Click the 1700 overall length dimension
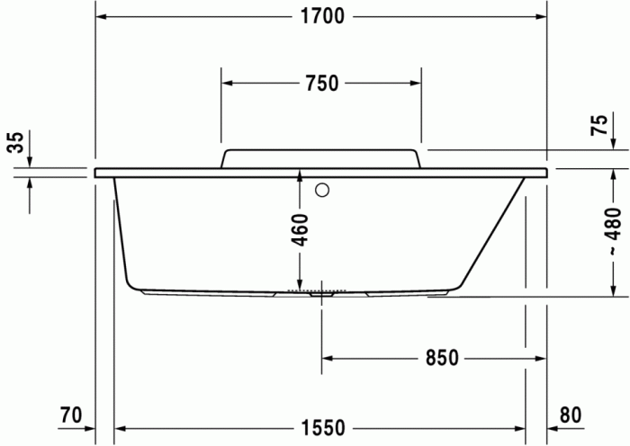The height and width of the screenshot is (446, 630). coord(322,17)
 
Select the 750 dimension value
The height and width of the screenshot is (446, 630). coord(321,84)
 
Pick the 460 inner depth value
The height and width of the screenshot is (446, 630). coord(300,230)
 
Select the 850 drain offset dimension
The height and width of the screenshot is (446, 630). coord(442,358)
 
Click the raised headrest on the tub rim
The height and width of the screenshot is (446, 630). coord(321,158)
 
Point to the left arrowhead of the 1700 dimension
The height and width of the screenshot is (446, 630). coord(102,17)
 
